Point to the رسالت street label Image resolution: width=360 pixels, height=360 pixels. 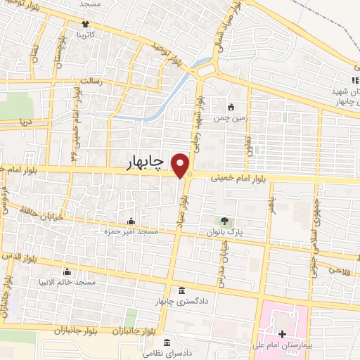(x=92, y=82)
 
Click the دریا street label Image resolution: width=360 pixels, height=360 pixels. (x=25, y=122)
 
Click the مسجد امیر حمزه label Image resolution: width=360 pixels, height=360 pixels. (x=131, y=231)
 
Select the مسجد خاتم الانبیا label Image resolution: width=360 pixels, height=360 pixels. (x=68, y=282)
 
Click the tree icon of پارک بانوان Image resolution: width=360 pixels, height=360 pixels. (x=224, y=221)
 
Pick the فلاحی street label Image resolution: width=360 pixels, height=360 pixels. (x=338, y=269)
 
